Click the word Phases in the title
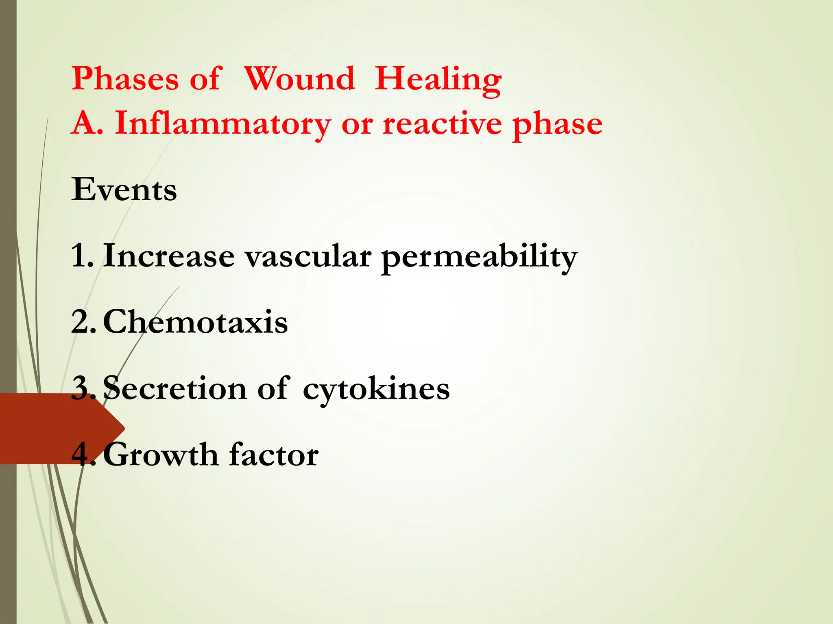click(x=125, y=78)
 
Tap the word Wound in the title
click(x=299, y=78)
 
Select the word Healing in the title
click(x=438, y=79)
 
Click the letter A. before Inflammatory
click(x=87, y=123)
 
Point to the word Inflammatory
click(x=223, y=123)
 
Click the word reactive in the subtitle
click(x=442, y=123)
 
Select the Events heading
click(x=124, y=189)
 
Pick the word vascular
click(x=308, y=257)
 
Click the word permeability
click(x=479, y=258)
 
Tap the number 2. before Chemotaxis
click(x=83, y=322)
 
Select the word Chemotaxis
click(x=195, y=322)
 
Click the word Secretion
click(x=174, y=388)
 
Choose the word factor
click(x=274, y=455)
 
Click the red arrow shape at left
click(x=49, y=429)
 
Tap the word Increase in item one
click(x=169, y=256)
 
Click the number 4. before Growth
click(x=83, y=455)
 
